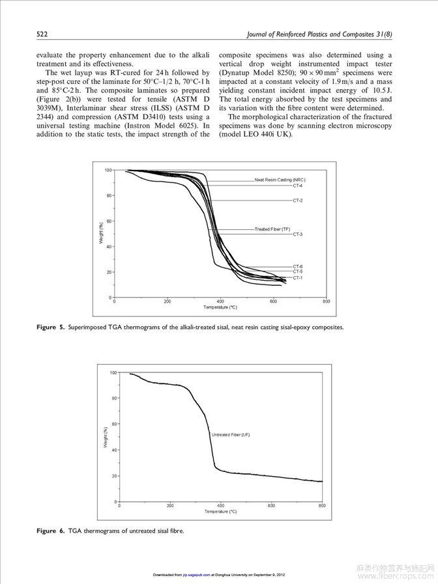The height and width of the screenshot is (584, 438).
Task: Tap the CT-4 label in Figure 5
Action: pos(297,186)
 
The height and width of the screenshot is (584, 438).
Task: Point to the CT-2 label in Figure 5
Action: pos(297,200)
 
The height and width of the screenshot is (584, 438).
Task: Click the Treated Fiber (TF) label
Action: pos(272,229)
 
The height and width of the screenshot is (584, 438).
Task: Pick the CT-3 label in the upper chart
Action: pos(297,234)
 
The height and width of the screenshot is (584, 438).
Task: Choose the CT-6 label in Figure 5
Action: pos(297,266)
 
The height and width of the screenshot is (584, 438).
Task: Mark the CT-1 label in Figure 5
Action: pos(297,278)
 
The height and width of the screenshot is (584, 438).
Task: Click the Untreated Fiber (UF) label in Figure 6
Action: pos(231,434)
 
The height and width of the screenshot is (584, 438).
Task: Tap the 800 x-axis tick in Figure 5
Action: pos(326,302)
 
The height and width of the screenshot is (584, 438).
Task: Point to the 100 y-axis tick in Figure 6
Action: pos(113,372)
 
